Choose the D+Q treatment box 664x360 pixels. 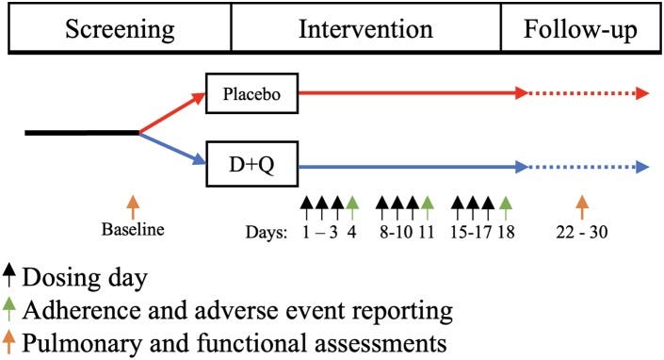click(x=251, y=167)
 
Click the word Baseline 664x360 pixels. click(x=133, y=229)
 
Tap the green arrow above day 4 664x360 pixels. click(x=351, y=205)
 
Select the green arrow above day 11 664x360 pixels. click(x=428, y=205)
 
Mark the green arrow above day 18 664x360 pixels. click(x=505, y=205)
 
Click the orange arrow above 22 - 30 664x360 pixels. click(x=582, y=205)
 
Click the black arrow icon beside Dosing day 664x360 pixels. click(x=8, y=276)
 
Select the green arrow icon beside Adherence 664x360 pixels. click(x=8, y=309)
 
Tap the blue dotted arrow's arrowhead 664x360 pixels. click(x=643, y=167)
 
